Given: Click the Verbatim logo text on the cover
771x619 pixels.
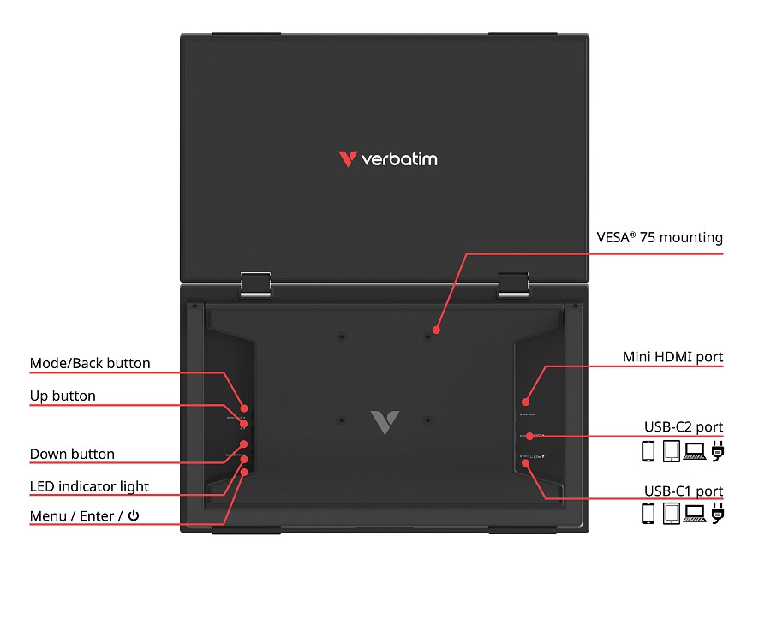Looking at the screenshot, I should coord(397,159).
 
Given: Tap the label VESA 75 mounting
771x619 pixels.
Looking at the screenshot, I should coord(660,238).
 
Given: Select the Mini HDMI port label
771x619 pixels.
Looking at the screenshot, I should coord(672,357).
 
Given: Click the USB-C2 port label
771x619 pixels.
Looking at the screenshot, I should coord(683,426).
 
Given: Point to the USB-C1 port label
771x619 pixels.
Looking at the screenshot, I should coord(683,491).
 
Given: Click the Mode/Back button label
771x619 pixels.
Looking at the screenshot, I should coord(90,364).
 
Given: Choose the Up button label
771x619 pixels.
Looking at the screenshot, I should coord(63,396).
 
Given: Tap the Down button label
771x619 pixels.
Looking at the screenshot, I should coord(72,454).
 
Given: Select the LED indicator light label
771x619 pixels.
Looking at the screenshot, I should coord(89,486).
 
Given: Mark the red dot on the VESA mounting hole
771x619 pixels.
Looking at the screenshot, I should coord(436,330).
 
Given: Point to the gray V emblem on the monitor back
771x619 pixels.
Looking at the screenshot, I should coord(385,422).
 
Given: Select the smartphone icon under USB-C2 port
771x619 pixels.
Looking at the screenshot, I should coord(648,450).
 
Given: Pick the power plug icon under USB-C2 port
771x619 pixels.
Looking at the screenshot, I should coord(718,450).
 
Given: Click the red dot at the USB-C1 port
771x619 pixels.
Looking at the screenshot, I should coord(526,463).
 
